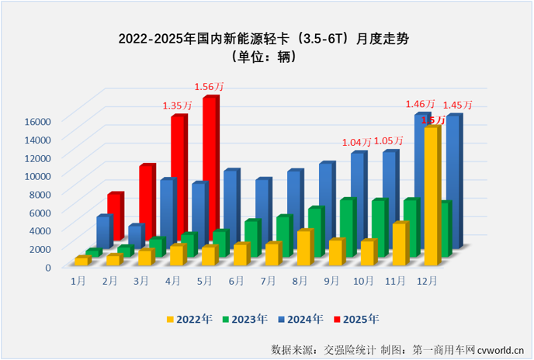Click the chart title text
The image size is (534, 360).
(x=267, y=37)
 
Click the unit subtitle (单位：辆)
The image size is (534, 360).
(x=266, y=57)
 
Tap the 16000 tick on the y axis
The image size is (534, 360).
(x=36, y=120)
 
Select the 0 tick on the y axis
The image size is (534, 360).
(x=47, y=267)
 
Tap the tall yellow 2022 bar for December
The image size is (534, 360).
(x=432, y=194)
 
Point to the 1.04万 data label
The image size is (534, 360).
(x=357, y=143)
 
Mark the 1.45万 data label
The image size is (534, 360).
(x=457, y=105)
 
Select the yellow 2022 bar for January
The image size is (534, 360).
(x=81, y=261)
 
